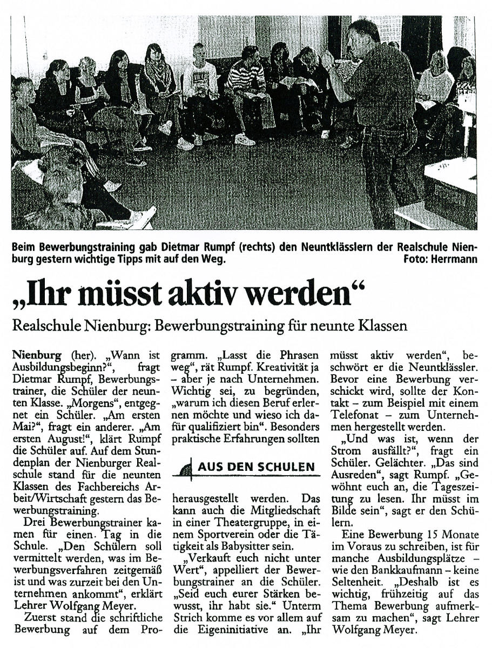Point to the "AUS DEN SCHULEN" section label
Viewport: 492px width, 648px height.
pyautogui.click(x=256, y=467)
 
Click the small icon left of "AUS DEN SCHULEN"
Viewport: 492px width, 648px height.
pyautogui.click(x=186, y=467)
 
